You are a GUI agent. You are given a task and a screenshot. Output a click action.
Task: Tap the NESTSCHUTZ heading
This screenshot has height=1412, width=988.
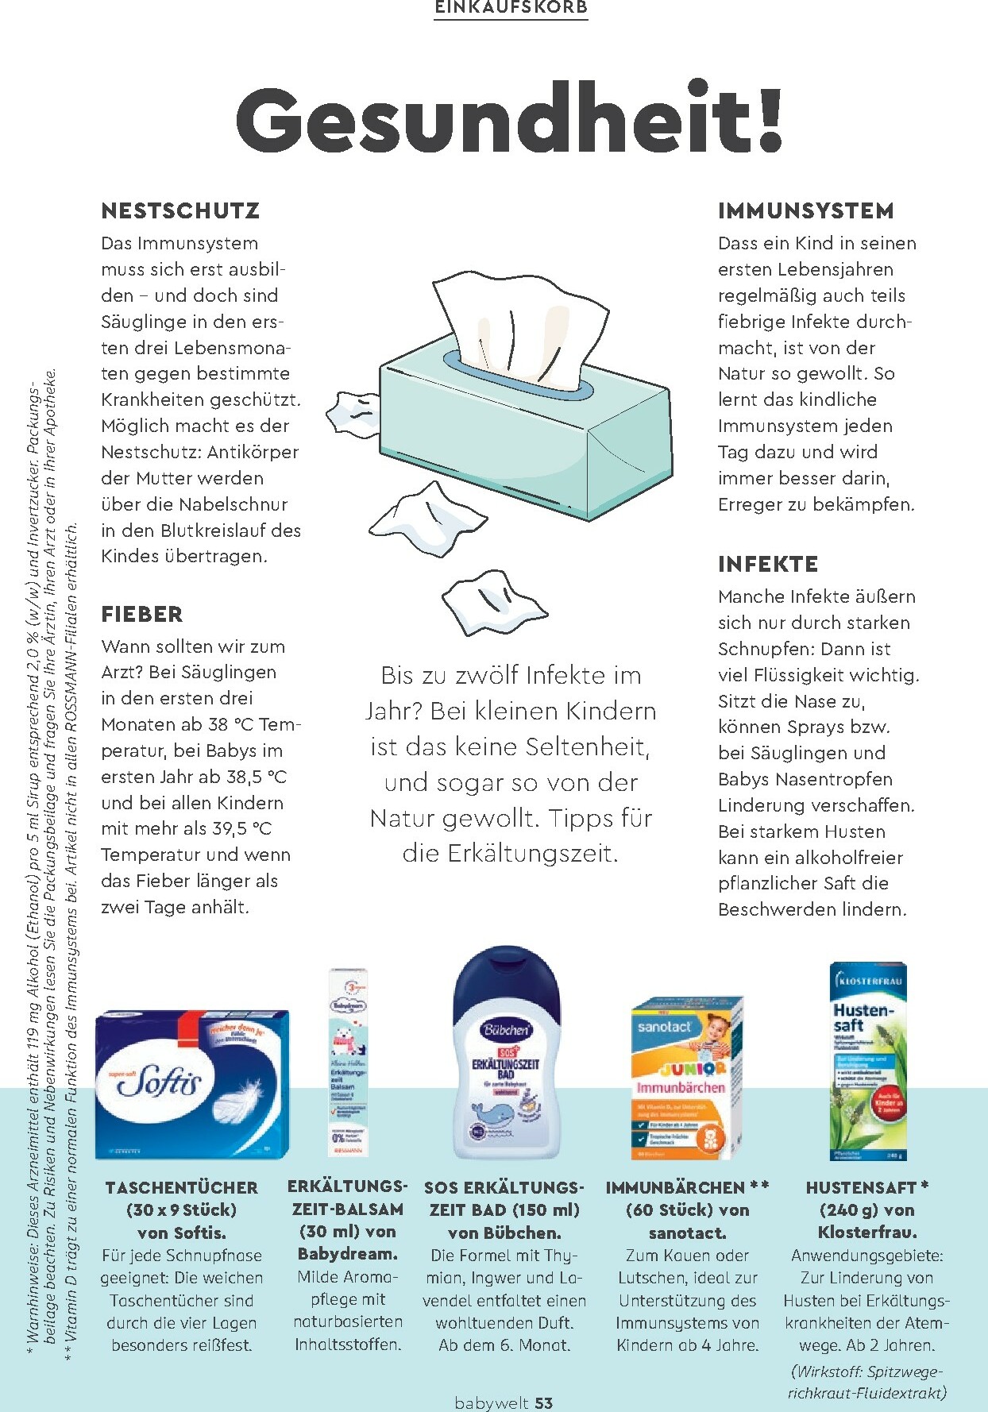point(180,210)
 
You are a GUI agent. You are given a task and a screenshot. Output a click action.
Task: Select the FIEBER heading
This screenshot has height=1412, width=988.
point(142,614)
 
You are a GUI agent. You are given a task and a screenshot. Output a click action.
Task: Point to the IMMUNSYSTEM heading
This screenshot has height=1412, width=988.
point(805,210)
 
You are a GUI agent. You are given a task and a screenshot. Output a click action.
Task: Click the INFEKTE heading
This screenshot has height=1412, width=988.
point(767,564)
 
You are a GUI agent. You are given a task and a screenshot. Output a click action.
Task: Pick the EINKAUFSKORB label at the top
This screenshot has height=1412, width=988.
point(511,8)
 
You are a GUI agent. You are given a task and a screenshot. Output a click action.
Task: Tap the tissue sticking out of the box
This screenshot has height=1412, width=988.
point(516,326)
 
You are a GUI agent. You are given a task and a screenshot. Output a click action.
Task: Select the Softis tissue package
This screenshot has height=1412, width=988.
point(191,1083)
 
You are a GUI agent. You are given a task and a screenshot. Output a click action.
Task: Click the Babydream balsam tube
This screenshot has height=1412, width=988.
point(348,1061)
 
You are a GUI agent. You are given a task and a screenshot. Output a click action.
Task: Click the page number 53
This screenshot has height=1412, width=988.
point(543,1402)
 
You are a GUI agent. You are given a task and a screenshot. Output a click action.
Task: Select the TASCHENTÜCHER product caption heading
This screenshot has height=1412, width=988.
point(182,1188)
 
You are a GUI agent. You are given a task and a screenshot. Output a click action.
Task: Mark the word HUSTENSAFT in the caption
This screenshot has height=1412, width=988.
point(861,1188)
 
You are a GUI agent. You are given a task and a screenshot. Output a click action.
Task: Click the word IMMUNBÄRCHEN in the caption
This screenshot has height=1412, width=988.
point(675,1188)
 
